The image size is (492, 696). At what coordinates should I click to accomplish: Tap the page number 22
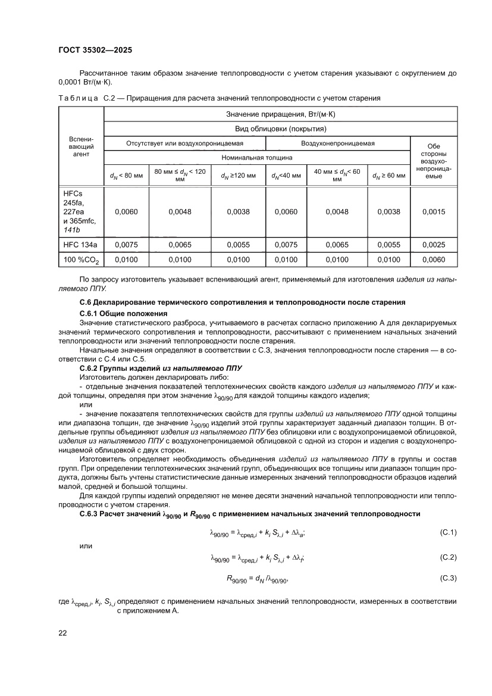[x=62, y=633]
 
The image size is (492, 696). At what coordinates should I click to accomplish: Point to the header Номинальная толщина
[x=257, y=158]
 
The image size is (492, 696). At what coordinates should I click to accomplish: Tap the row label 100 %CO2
[x=81, y=260]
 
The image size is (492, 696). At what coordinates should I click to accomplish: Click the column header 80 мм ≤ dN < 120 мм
[x=180, y=175]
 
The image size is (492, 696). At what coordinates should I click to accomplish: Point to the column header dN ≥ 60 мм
[x=387, y=176]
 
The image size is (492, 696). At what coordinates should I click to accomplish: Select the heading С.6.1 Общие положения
[x=123, y=313]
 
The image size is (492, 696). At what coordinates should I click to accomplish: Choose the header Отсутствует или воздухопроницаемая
[x=184, y=143]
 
